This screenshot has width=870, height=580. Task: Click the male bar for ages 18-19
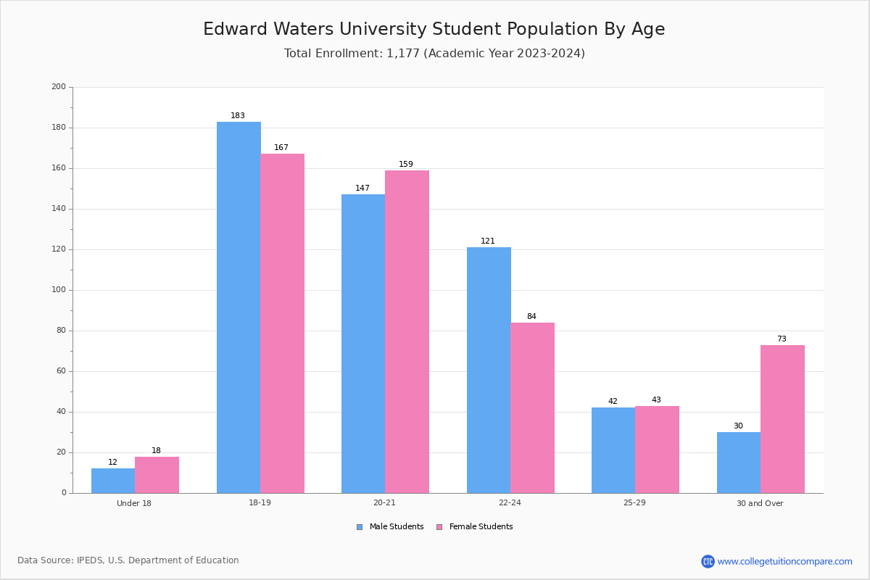239,307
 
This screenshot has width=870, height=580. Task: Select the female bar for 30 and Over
782,419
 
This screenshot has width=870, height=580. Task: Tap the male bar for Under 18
113,481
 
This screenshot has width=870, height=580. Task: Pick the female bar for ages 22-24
532,408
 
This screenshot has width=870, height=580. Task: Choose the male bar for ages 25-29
613,450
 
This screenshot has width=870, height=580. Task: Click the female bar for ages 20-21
407,332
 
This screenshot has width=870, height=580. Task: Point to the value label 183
238,115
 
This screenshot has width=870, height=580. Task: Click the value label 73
782,339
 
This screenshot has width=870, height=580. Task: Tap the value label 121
488,241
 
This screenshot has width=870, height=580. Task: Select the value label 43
656,399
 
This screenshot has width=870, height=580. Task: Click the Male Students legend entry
390,526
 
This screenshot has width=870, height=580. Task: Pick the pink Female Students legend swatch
439,527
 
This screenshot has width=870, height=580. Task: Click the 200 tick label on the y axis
59,86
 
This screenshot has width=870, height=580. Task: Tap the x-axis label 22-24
510,502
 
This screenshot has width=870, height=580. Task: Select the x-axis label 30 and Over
760,503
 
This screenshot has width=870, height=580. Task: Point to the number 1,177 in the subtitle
403,54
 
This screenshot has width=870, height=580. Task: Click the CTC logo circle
708,561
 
